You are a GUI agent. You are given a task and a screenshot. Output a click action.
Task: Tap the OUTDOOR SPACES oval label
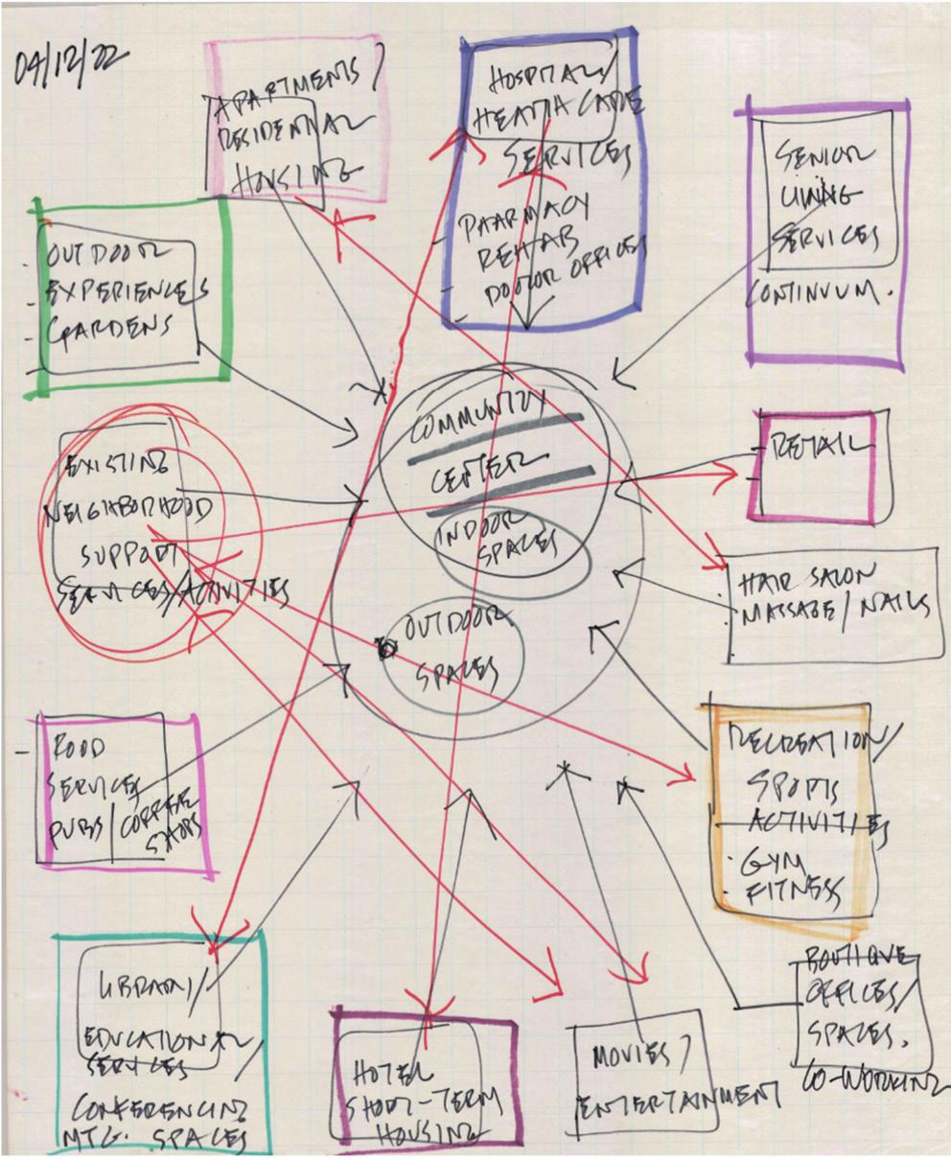click(x=451, y=647)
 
